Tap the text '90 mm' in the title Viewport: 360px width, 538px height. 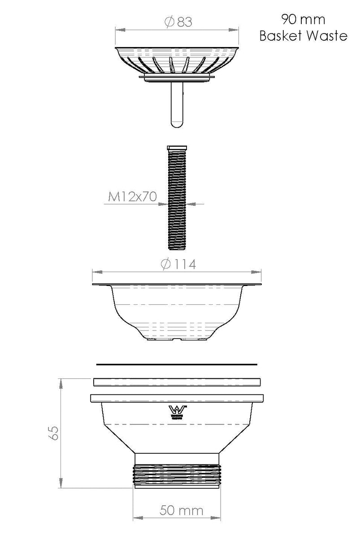[x=303, y=19]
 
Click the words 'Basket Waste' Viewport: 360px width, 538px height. [x=304, y=36]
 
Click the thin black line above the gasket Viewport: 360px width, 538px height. [x=177, y=364]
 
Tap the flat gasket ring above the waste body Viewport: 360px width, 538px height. [x=177, y=382]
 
